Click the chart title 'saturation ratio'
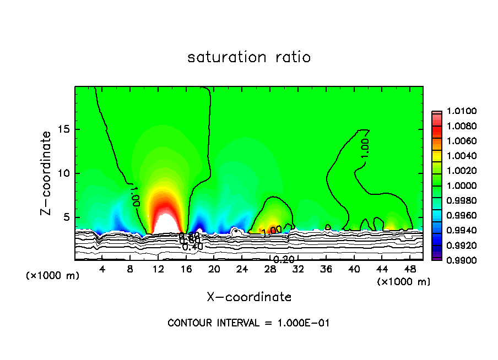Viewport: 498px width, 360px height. coord(249,57)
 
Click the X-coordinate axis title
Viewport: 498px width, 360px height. coord(249,297)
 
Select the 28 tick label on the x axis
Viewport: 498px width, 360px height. coord(270,269)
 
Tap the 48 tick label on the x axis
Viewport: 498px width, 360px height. coord(410,269)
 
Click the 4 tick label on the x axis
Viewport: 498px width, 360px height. coord(102,269)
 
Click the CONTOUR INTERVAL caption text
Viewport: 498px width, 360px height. coord(249,323)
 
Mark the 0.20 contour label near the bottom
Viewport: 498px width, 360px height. coord(284,259)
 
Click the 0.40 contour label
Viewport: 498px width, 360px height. coord(193,247)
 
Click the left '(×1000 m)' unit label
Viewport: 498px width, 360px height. coord(53,276)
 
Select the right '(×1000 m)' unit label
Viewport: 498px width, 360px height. coord(404,282)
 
